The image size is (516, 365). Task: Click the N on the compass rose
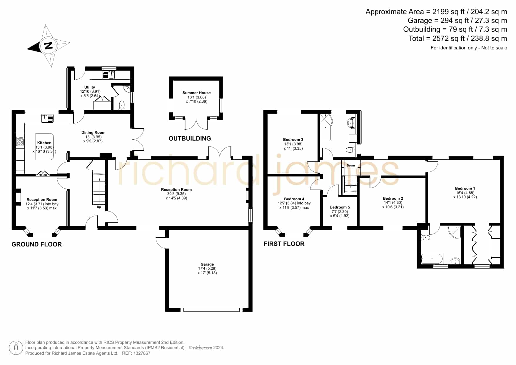pyautogui.click(x=48, y=46)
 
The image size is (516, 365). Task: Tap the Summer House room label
pyautogui.click(x=197, y=93)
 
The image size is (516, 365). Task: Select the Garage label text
pyautogui.click(x=207, y=264)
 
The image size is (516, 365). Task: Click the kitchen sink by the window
pyautogui.click(x=47, y=118)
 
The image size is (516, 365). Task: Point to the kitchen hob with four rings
pyautogui.click(x=20, y=141)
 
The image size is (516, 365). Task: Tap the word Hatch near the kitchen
pyautogui.click(x=43, y=175)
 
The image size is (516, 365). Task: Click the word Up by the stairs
pyautogui.click(x=99, y=207)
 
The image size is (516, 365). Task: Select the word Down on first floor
pyautogui.click(x=351, y=166)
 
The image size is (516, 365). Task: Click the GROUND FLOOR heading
pyautogui.click(x=37, y=244)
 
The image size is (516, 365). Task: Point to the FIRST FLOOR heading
pyautogui.click(x=284, y=244)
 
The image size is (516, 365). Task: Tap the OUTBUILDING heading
pyautogui.click(x=190, y=139)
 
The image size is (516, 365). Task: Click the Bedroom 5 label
pyautogui.click(x=340, y=207)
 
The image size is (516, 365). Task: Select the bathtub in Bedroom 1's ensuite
pyautogui.click(x=432, y=259)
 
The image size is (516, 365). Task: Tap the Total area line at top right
pyautogui.click(x=458, y=39)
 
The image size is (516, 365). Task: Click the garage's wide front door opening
pyautogui.click(x=211, y=309)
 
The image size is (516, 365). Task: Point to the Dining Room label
pyautogui.click(x=93, y=132)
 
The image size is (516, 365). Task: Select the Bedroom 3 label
pyautogui.click(x=293, y=139)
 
